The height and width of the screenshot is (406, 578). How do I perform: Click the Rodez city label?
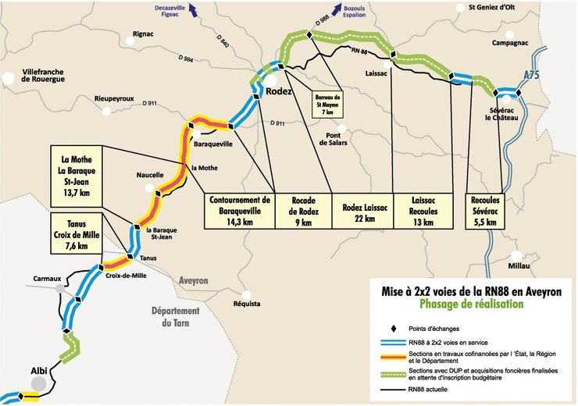[279, 91]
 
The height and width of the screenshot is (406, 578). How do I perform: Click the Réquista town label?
[235, 304]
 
